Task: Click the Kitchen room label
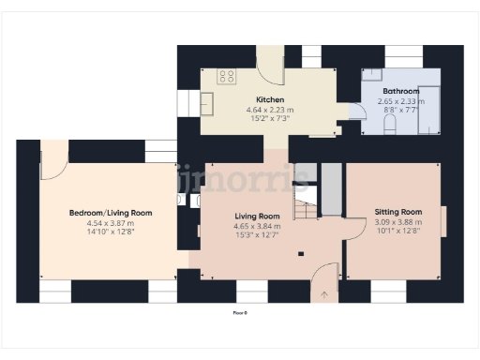(270, 99)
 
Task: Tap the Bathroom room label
(399, 91)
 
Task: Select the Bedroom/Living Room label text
(111, 214)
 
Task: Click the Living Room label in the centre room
(257, 217)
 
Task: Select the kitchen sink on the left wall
(206, 101)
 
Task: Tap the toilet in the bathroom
(390, 125)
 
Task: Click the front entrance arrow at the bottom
(324, 295)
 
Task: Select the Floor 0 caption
(239, 311)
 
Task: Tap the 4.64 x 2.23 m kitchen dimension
(270, 110)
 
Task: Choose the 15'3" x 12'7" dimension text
(257, 235)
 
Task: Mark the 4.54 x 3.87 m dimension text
(111, 223)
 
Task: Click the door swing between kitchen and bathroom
(356, 111)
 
